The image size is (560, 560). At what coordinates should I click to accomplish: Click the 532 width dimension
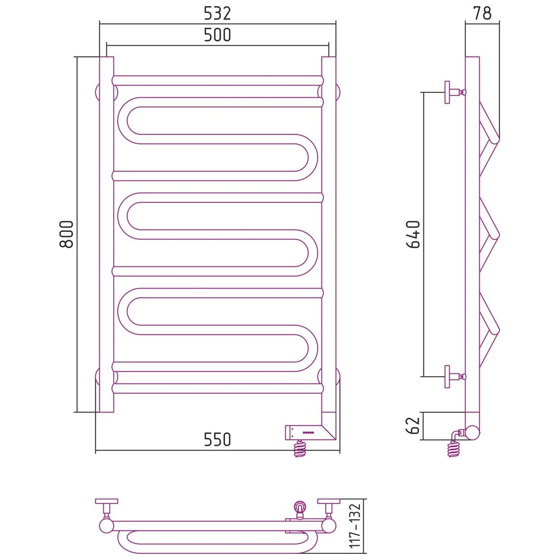[217, 13]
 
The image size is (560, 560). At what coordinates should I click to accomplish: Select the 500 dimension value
[217, 35]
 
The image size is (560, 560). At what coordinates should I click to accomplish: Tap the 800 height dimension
[67, 234]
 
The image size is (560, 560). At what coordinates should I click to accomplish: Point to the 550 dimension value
[217, 440]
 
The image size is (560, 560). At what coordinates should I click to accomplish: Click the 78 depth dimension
[482, 13]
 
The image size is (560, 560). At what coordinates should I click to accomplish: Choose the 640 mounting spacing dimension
[414, 234]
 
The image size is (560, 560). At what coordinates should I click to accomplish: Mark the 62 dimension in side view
[413, 426]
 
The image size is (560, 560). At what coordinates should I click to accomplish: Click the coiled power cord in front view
[300, 449]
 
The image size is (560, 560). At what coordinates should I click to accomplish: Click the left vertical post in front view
[106, 234]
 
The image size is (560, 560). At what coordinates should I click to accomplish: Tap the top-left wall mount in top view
[106, 507]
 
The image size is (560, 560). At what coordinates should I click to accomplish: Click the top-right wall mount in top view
[329, 507]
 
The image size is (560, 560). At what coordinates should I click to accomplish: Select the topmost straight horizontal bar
[217, 80]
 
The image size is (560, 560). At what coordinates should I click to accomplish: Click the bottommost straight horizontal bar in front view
[217, 389]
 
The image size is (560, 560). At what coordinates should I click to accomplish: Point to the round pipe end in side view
[473, 432]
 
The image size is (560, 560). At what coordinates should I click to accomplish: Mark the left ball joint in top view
[106, 526]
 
